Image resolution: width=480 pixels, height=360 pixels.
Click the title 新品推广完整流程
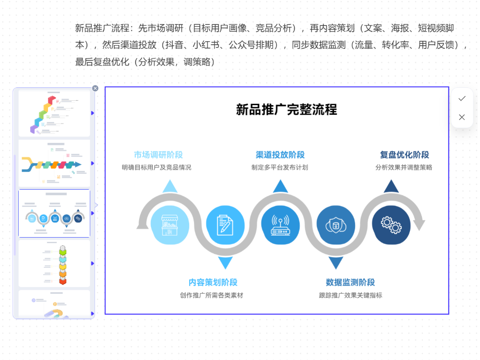coord(286,109)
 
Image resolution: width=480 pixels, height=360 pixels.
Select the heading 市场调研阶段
coord(158,155)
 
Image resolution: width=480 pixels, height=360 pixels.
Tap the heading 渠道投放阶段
coord(280,155)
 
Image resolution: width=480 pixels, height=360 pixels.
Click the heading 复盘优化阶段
coord(404,155)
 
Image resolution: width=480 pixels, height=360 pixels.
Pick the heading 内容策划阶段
coord(213,283)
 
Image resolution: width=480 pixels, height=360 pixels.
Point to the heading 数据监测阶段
coord(350,283)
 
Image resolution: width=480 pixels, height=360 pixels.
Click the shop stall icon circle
coord(169,225)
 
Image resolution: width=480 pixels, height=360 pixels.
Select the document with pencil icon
coord(225,225)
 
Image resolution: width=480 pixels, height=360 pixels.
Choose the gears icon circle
coord(391,225)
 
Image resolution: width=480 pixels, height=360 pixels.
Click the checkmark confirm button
coord(462,98)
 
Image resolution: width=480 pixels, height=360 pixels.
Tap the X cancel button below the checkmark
coord(462,117)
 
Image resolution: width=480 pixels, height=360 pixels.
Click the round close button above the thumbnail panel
coord(95,88)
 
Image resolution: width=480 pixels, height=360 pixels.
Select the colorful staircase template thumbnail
coord(54,113)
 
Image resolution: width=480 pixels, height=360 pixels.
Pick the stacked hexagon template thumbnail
coord(54,263)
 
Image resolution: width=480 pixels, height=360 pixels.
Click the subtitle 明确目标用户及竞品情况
coord(156,168)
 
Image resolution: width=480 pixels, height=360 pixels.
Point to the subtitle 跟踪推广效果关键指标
coord(350,295)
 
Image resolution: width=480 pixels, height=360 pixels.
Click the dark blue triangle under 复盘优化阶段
coord(391,186)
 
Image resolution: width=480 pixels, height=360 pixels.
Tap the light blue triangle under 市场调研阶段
coord(169,186)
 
